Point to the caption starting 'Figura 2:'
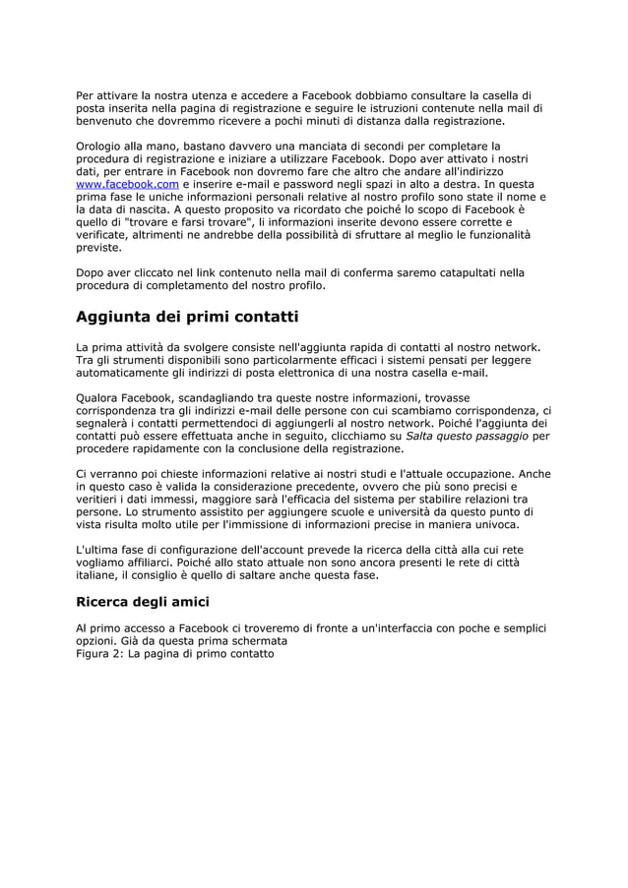pos(175,652)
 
